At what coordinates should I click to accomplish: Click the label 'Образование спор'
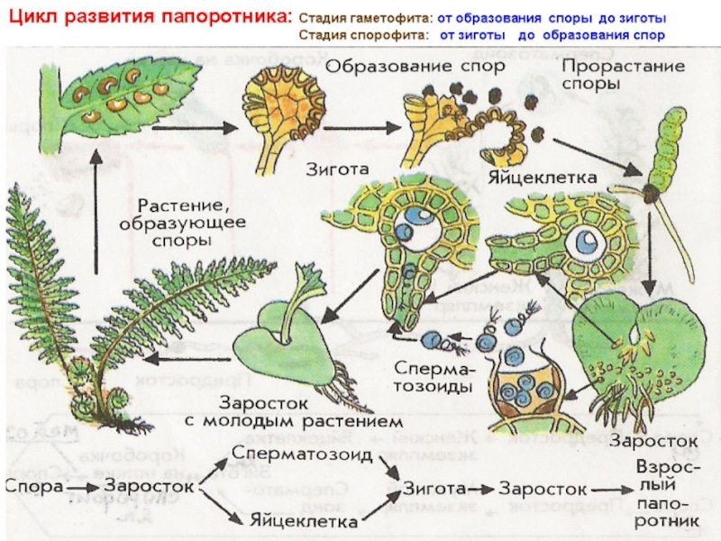pyautogui.click(x=396, y=67)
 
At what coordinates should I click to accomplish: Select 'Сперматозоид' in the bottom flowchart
pyautogui.click(x=301, y=451)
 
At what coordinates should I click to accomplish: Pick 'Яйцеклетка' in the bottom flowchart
pyautogui.click(x=303, y=520)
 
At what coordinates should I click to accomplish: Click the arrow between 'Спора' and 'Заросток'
pyautogui.click(x=83, y=487)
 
